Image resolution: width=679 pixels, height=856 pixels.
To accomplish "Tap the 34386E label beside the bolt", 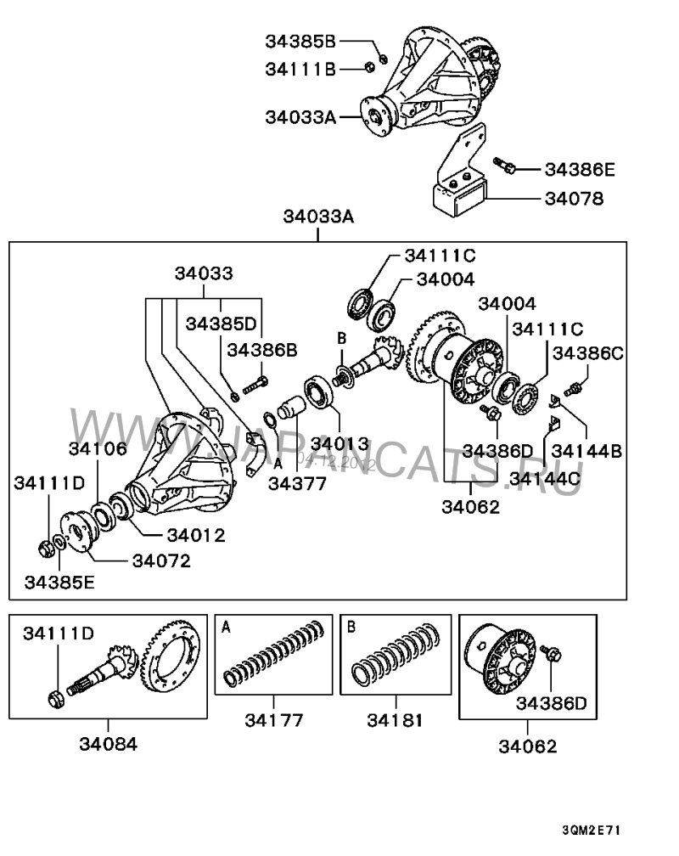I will tap(580, 170).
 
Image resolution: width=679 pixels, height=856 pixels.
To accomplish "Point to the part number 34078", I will tap(574, 200).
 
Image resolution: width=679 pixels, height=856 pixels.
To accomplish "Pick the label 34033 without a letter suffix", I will tap(204, 273).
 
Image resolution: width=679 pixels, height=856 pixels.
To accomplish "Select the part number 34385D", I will tap(221, 324).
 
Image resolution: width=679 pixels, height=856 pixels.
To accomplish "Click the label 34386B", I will tap(261, 350).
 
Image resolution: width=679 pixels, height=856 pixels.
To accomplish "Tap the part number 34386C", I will tap(589, 352).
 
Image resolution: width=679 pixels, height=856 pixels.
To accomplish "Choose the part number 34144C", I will tap(544, 479).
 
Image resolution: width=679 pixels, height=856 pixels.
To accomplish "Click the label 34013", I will tap(339, 442).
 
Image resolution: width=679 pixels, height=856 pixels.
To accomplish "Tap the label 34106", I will tap(98, 448).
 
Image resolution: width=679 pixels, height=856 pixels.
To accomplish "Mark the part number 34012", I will tap(195, 535).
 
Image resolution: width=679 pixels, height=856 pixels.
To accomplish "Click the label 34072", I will tap(161, 560).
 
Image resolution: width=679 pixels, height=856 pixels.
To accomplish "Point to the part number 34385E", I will tap(59, 583).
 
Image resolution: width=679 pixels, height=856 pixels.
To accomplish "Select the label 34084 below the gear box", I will tap(108, 744).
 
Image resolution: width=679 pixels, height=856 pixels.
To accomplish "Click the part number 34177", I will tap(274, 721).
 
